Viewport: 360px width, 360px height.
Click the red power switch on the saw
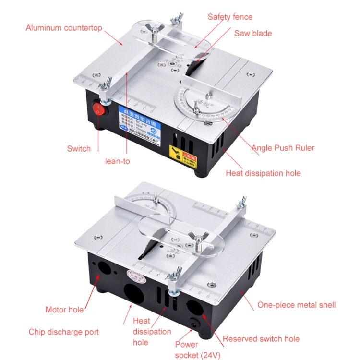coord(98,108)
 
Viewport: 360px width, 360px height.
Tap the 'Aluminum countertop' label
coord(64,28)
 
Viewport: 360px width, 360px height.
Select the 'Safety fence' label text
coord(230,17)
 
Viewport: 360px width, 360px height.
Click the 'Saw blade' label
coord(253,33)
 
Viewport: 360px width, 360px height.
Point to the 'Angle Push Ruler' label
coord(283,148)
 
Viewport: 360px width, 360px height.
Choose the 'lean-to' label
coord(118,161)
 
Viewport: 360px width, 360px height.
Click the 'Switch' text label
coord(79,149)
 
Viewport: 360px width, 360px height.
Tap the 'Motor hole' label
coord(64,310)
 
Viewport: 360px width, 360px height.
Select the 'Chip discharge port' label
coord(64,332)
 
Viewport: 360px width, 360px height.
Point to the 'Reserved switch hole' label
coord(261,339)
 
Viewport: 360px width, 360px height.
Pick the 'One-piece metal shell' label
coord(297,305)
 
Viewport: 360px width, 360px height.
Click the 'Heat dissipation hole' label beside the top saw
coord(263,173)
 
